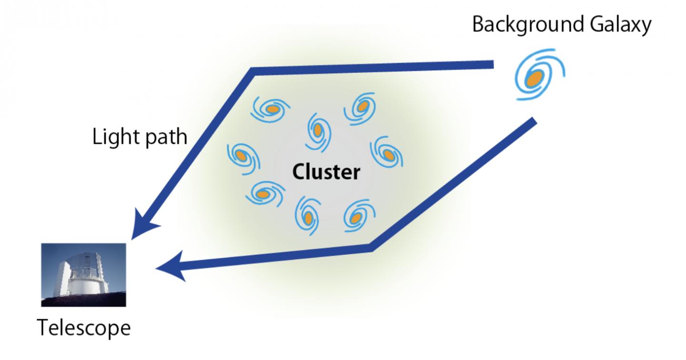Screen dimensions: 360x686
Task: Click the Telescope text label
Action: [x=83, y=328]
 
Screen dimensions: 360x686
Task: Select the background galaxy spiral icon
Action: [x=538, y=76]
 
